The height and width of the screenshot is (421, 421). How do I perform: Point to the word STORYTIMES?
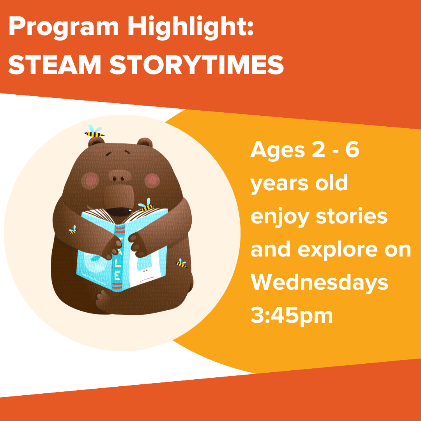(x=196, y=65)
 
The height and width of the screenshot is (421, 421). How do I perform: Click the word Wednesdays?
(x=319, y=283)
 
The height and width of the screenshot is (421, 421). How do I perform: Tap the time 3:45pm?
(x=291, y=317)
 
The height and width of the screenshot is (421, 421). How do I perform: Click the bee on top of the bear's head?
(x=95, y=132)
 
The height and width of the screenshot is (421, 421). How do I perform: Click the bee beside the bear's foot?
(x=181, y=264)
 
